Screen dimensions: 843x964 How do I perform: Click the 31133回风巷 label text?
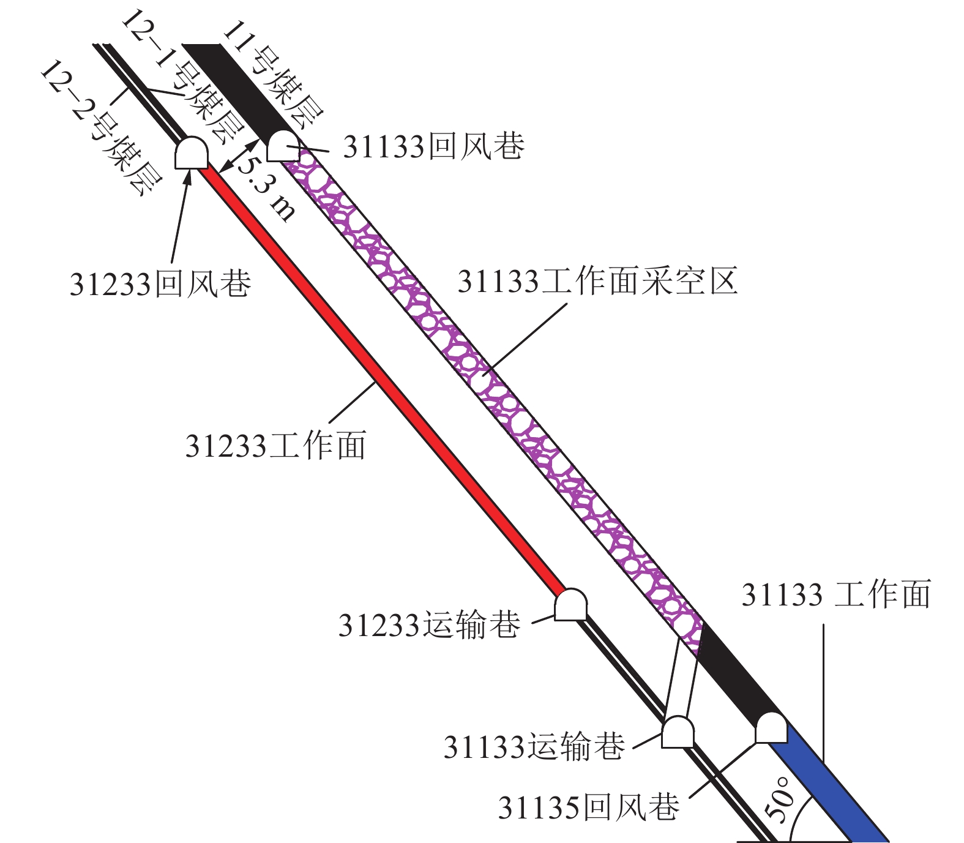433,146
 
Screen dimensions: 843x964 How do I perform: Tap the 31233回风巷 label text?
160,283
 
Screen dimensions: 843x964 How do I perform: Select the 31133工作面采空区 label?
597,282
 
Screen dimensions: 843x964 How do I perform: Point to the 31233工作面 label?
275,445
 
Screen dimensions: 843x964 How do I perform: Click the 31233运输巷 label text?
429,625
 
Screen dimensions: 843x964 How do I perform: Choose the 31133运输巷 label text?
534,746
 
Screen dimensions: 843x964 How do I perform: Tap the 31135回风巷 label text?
588,807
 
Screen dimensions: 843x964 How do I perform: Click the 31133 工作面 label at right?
836,594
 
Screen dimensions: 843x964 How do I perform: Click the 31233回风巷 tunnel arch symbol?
192,152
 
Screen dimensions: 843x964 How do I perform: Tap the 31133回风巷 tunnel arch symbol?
282,146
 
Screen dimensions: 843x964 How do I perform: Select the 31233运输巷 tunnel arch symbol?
570,605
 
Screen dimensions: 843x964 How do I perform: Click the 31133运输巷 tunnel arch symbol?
678,732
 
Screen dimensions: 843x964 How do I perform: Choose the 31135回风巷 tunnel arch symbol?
771,728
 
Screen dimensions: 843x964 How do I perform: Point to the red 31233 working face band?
379,380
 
